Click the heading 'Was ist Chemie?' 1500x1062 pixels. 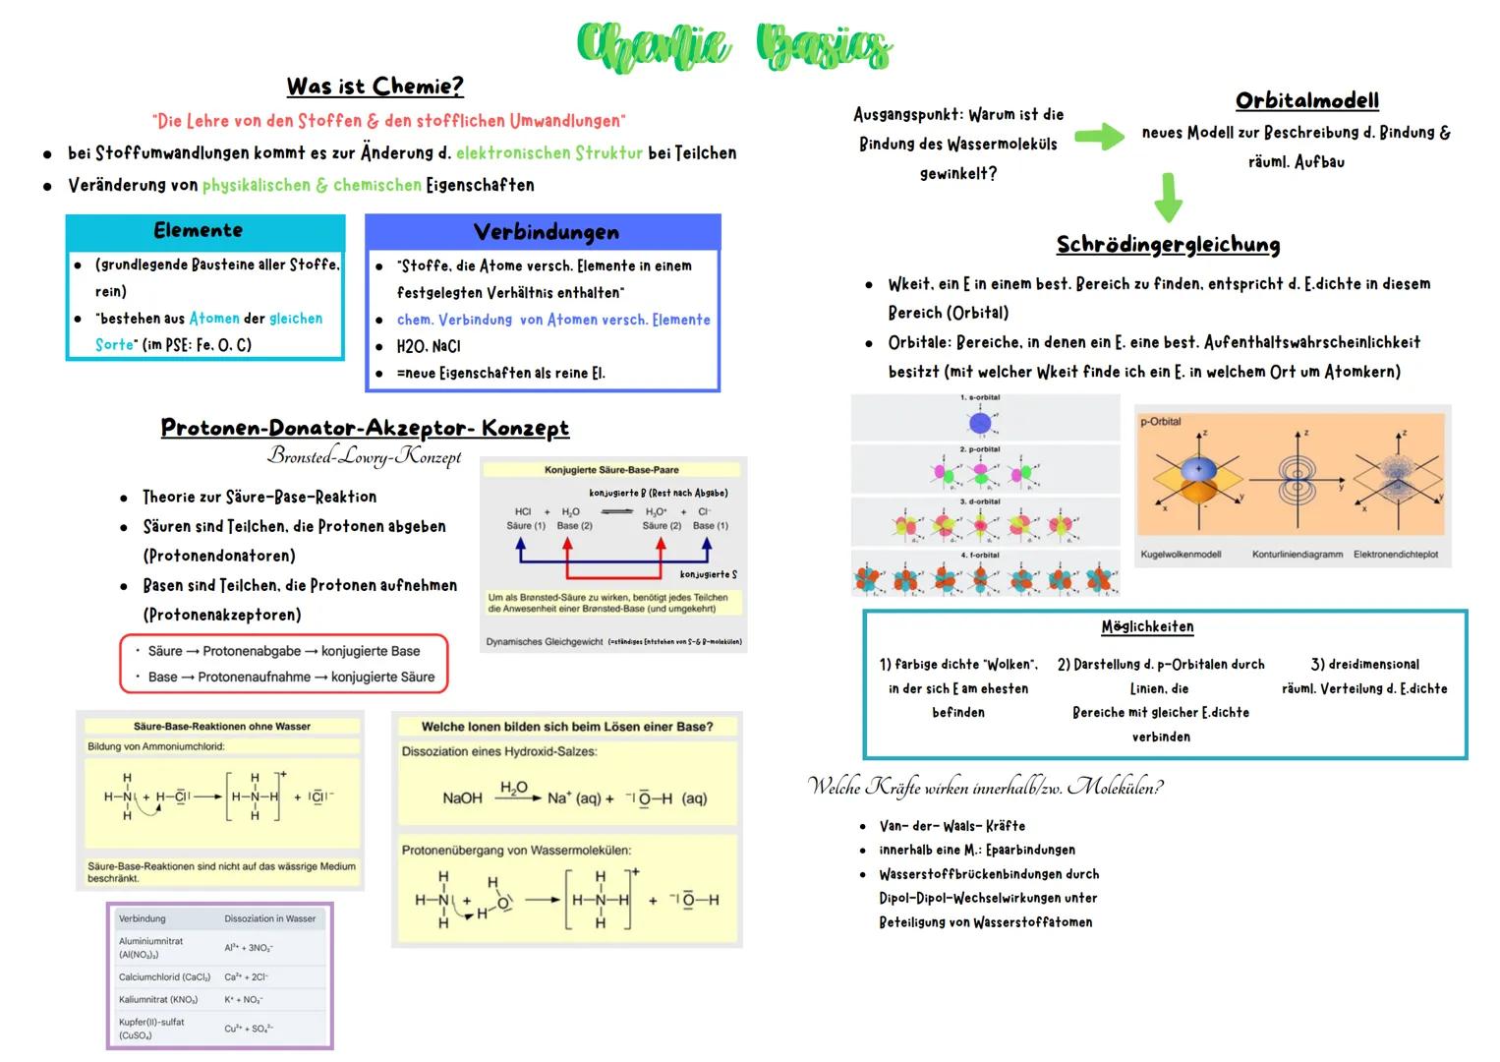(375, 87)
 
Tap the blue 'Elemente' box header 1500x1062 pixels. (199, 231)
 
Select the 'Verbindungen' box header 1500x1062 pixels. (546, 232)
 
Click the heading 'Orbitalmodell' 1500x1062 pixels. (1306, 100)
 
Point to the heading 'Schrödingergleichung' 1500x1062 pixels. (1168, 244)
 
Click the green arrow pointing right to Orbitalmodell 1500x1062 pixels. (1100, 137)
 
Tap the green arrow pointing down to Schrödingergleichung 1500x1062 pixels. (1168, 197)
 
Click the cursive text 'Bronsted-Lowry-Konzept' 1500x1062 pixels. (364, 456)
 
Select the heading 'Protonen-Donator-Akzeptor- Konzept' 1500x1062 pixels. (365, 428)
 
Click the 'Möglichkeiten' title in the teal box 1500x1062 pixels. (1147, 626)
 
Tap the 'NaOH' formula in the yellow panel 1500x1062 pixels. (462, 798)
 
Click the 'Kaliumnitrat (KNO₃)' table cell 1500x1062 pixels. (158, 1000)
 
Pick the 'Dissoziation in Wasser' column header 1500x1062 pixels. (269, 919)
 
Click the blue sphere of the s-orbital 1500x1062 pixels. (980, 423)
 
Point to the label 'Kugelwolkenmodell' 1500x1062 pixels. (1181, 555)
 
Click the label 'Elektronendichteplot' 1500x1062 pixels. (1396, 555)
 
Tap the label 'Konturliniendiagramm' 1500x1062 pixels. (1297, 555)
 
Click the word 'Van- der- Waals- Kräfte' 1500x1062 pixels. (952, 826)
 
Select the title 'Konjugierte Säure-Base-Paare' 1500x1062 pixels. (611, 470)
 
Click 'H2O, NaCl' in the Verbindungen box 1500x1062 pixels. (429, 346)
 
